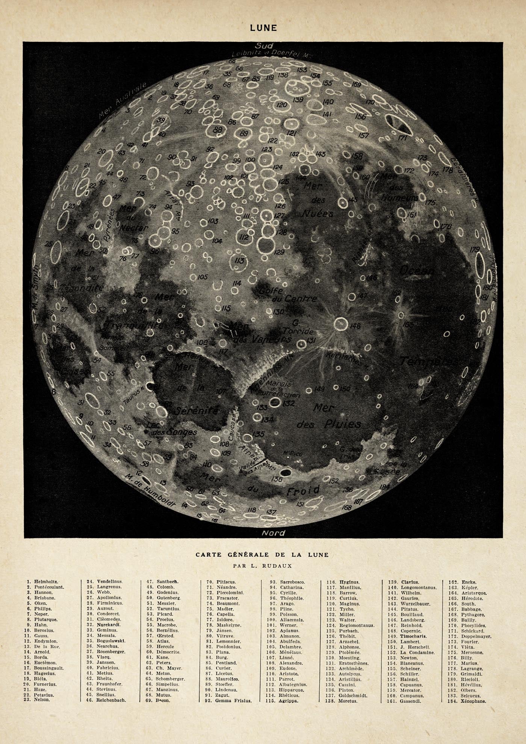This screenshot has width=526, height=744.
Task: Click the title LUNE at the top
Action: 263,28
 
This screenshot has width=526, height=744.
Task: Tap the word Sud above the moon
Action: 264,45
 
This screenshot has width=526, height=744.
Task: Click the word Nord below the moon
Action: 273,533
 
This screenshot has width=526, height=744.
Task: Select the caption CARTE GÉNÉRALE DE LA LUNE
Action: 262,555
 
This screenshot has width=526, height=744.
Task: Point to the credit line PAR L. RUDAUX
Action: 262,565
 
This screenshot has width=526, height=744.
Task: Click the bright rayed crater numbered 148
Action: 341,324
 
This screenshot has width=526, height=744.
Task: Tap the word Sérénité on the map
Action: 198,410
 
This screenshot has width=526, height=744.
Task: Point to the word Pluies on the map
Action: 342,424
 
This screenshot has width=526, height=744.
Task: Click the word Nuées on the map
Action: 318,213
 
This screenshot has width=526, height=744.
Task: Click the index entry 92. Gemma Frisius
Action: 228,701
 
